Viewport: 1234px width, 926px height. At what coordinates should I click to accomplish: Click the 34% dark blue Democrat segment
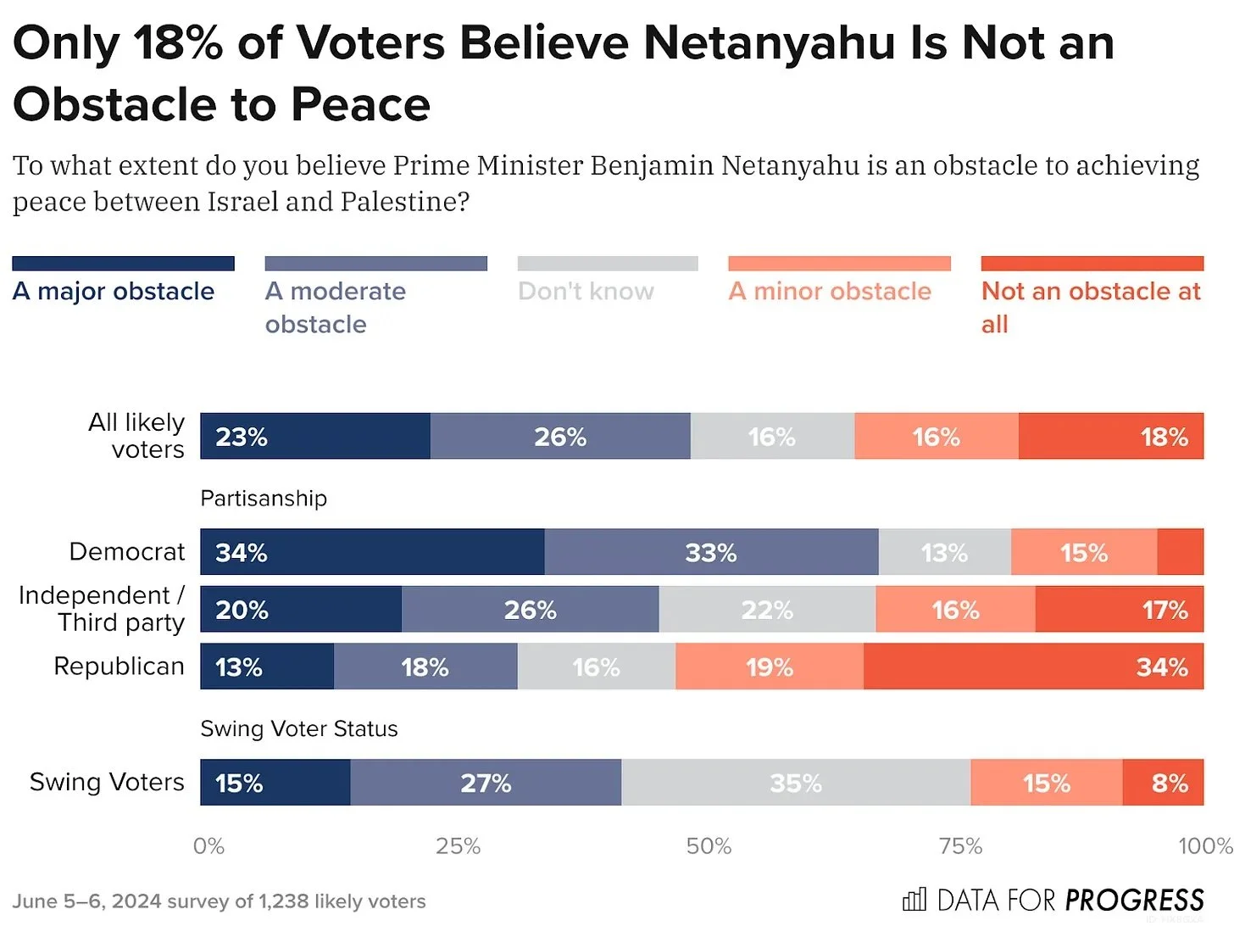click(372, 552)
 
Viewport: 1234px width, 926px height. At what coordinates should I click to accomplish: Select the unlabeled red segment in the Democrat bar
click(1180, 552)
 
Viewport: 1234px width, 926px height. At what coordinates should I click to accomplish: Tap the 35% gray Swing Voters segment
click(796, 783)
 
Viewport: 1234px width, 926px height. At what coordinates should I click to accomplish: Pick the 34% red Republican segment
click(1033, 667)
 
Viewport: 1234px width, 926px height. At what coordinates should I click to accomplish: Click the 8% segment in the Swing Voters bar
click(1163, 783)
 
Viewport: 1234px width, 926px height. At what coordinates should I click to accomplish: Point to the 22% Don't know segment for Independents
click(767, 610)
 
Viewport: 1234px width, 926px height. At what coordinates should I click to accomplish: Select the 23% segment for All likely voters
click(315, 437)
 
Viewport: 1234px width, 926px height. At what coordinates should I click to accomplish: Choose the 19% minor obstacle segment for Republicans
click(770, 667)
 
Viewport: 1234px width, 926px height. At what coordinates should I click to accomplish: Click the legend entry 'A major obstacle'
click(114, 291)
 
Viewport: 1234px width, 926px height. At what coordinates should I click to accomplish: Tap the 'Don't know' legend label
click(586, 291)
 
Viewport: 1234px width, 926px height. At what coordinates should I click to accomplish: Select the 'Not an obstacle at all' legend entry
click(1091, 306)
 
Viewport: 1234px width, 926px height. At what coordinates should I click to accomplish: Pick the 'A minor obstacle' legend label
click(830, 291)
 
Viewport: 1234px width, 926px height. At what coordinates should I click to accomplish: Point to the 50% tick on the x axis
click(709, 846)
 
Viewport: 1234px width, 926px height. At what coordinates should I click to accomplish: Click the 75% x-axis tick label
click(960, 846)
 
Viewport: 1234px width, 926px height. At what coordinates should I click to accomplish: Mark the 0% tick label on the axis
click(208, 846)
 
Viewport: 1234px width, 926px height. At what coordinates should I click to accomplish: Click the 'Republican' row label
click(119, 667)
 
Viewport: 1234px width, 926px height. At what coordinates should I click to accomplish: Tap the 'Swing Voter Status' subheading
click(298, 729)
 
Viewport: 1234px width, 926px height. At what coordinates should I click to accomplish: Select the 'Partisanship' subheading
click(264, 499)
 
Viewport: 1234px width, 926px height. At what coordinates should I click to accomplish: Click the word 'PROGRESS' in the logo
click(1134, 900)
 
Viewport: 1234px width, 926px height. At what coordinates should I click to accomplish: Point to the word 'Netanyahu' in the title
click(769, 42)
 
